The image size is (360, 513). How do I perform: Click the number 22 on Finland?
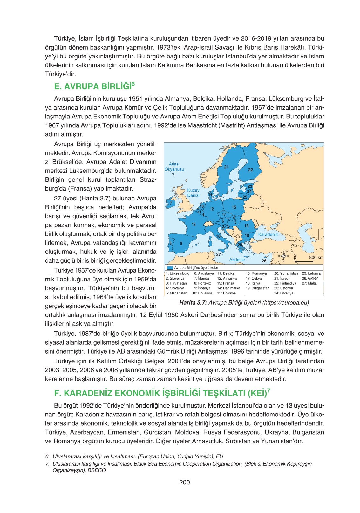[250, 170]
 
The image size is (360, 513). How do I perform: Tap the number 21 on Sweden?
[226, 167]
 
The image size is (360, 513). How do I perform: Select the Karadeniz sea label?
[268, 234]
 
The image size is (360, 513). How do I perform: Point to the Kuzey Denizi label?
[193, 193]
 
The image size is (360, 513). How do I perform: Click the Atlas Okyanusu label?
[174, 167]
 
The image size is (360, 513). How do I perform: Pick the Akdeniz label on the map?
[237, 260]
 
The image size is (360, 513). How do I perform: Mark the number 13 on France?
[194, 224]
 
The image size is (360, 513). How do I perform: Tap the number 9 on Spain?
[181, 243]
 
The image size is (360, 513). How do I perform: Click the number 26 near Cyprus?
[264, 261]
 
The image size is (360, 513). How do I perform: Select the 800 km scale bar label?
[316, 257]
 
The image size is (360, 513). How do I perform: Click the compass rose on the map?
[283, 256]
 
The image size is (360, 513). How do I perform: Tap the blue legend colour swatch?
[170, 268]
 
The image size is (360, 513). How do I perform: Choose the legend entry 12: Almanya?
[227, 279]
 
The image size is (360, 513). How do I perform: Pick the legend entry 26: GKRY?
[310, 279]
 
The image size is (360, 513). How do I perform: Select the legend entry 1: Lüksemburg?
[177, 273]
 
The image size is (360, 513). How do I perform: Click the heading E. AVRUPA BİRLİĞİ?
[95, 86]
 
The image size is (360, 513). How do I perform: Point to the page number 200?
[184, 482]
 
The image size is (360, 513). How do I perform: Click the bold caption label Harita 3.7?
[193, 303]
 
